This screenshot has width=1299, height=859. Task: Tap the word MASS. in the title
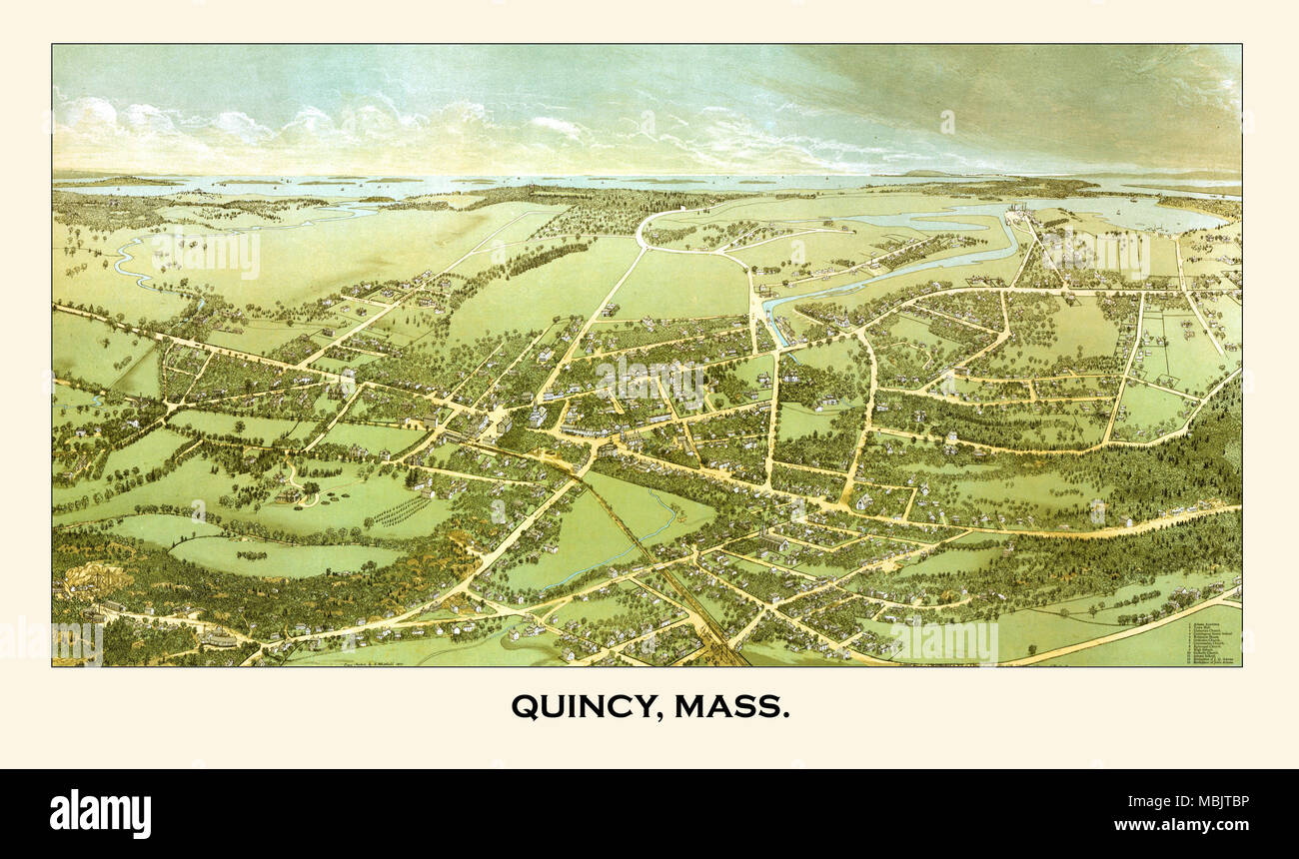click(731, 706)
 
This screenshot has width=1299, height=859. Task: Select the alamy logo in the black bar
click(100, 813)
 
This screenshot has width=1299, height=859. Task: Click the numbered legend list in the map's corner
click(1211, 642)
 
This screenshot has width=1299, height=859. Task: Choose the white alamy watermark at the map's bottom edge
click(944, 642)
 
